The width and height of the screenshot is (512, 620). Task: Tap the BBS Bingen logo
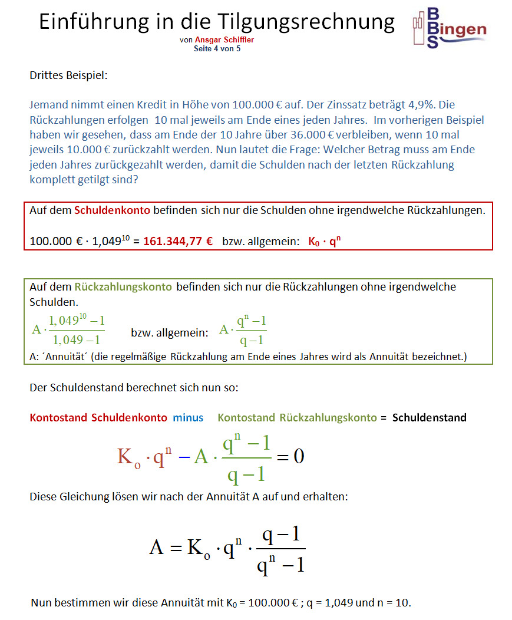point(449,28)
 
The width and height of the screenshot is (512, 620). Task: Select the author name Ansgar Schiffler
point(224,40)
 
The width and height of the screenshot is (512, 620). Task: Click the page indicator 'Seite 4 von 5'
point(217,48)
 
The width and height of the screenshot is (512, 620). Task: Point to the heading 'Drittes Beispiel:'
point(68,75)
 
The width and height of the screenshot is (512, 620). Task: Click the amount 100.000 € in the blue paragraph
point(256,105)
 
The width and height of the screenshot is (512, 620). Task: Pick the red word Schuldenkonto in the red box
point(112,210)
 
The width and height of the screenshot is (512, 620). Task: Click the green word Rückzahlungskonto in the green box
point(123,287)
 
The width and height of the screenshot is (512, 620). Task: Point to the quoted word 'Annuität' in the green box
point(67,357)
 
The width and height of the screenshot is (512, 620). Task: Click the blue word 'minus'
point(188,418)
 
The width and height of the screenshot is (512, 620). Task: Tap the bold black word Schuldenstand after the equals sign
point(429,418)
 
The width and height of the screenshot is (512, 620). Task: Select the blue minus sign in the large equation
point(184,457)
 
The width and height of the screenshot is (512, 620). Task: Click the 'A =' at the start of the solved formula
point(164,548)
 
